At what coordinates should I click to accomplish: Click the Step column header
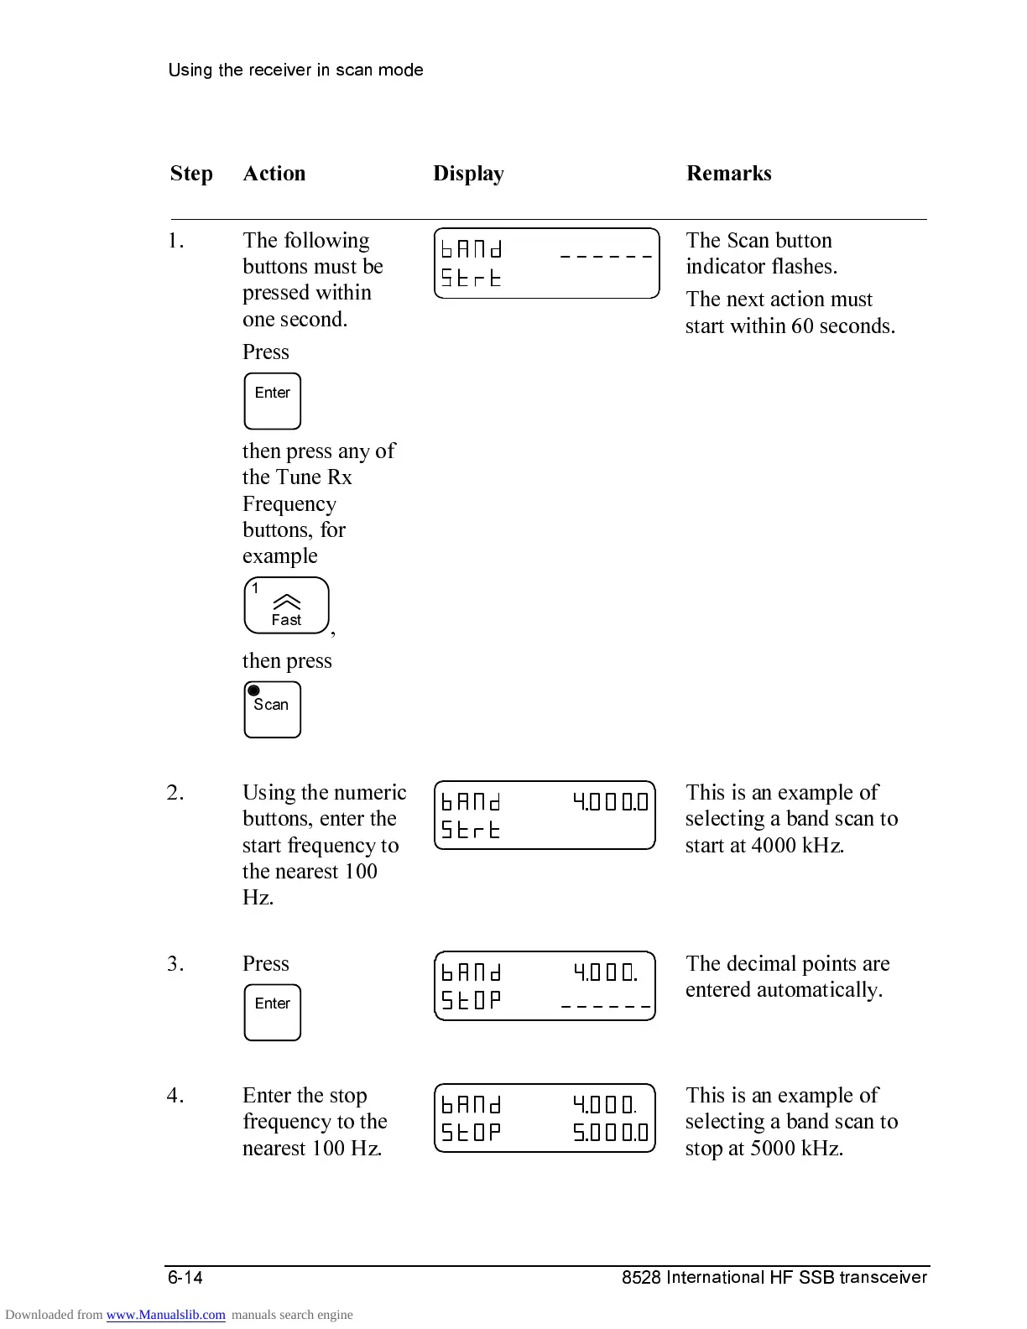pyautogui.click(x=191, y=174)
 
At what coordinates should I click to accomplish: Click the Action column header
pyautogui.click(x=274, y=174)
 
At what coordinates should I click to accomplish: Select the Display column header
pyautogui.click(x=468, y=174)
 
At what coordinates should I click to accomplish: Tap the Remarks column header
pyautogui.click(x=728, y=174)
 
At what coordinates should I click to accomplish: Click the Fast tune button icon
pyautogui.click(x=286, y=606)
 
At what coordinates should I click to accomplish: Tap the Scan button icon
pyautogui.click(x=272, y=710)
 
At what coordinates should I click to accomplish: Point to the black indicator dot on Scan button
pyautogui.click(x=254, y=691)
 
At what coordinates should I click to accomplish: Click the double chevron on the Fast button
pyautogui.click(x=287, y=602)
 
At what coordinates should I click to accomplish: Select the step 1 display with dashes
pyautogui.click(x=547, y=263)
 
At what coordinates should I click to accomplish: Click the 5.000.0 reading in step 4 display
pyautogui.click(x=610, y=1134)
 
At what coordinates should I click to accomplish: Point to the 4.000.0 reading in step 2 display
pyautogui.click(x=610, y=802)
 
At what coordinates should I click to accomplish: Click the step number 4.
pyautogui.click(x=175, y=1096)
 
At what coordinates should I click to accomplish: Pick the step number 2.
pyautogui.click(x=175, y=793)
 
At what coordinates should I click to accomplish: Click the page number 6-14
pyautogui.click(x=185, y=1278)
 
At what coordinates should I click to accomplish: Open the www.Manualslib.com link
pyautogui.click(x=165, y=1315)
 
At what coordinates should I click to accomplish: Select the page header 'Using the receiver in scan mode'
pyautogui.click(x=295, y=70)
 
